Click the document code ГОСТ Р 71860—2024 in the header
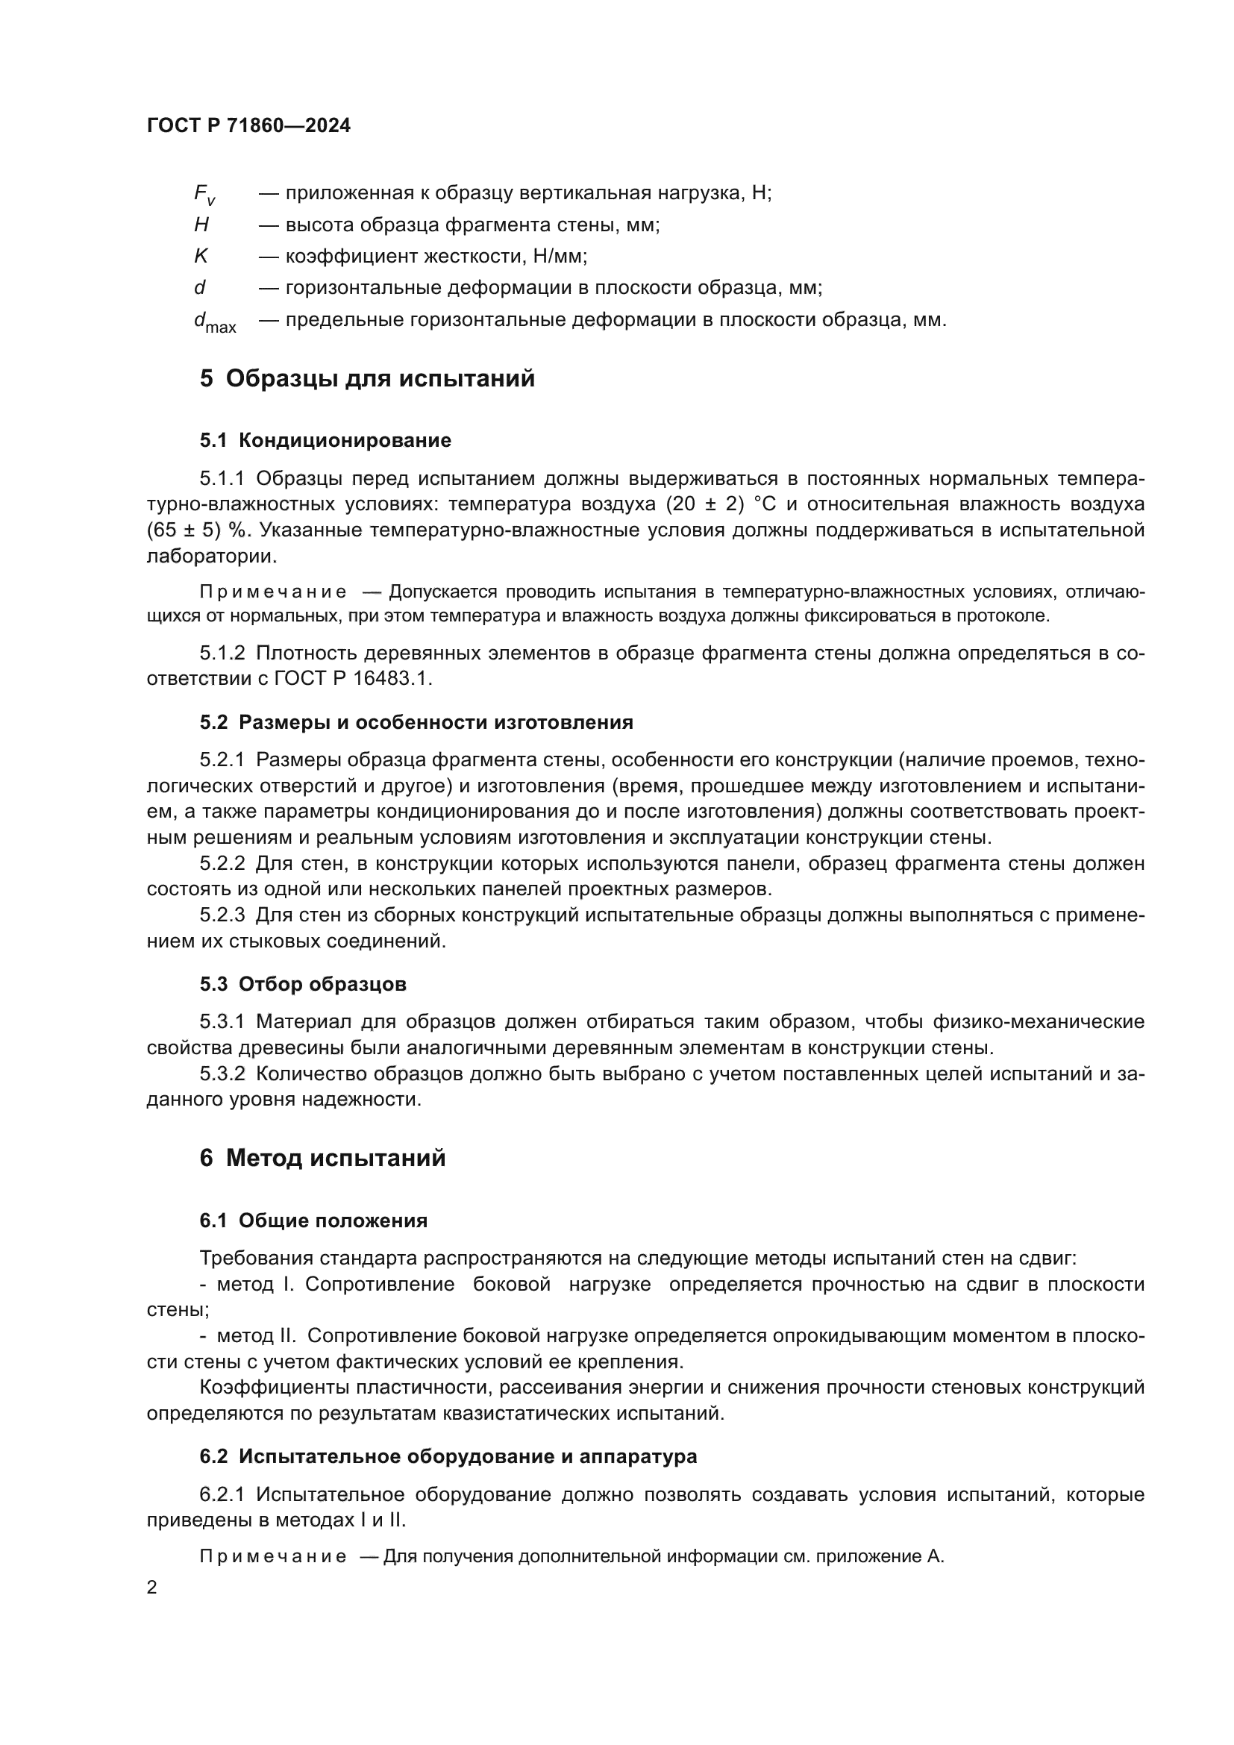248,126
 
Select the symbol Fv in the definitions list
204,195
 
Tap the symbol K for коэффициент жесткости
201,256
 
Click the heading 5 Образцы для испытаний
367,378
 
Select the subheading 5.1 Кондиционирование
325,440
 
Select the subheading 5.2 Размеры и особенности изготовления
416,722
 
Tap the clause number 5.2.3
222,915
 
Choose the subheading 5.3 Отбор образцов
303,984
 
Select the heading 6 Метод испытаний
322,1159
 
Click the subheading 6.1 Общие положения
313,1221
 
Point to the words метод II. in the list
257,1336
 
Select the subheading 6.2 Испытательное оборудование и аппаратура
448,1457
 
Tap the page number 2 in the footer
152,1588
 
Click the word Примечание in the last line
273,1556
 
